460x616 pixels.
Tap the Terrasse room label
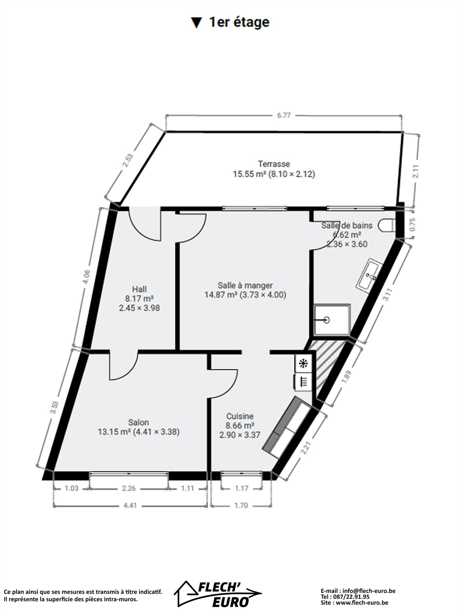tap(274, 164)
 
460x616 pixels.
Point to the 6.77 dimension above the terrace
tap(284, 116)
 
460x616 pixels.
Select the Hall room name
tap(139, 289)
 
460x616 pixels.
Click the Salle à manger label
tap(245, 285)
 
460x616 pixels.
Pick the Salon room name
tap(139, 422)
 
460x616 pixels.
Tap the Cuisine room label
tap(240, 416)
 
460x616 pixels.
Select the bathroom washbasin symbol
tap(369, 274)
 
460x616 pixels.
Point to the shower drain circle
tap(327, 320)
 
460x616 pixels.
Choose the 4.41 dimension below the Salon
tap(130, 506)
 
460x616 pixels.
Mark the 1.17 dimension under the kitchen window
tap(241, 488)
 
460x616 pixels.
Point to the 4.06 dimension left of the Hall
tap(87, 277)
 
